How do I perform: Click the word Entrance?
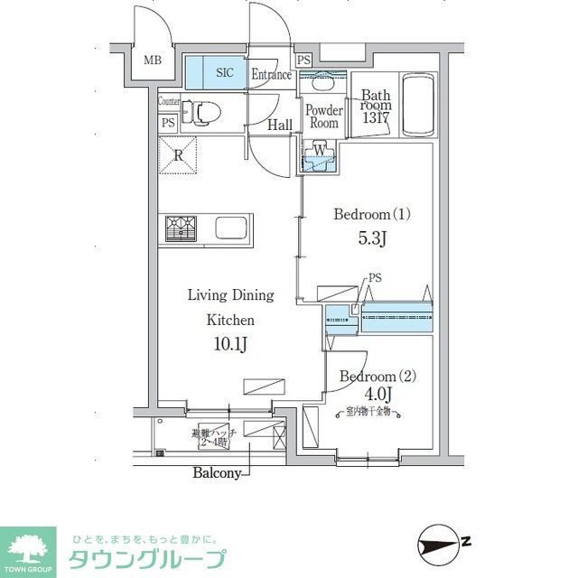click(x=272, y=75)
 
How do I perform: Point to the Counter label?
click(x=169, y=102)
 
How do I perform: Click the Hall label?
click(x=280, y=126)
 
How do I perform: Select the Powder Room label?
click(x=322, y=117)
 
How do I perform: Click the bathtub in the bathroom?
click(x=417, y=107)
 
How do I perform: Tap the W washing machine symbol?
click(x=320, y=151)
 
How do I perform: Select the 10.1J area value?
click(x=230, y=344)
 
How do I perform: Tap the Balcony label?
click(x=217, y=472)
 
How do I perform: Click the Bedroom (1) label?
click(x=372, y=215)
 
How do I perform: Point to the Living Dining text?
click(x=230, y=295)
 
